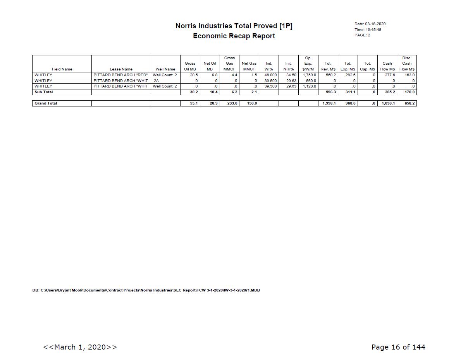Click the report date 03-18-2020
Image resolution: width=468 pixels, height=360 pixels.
tap(375, 24)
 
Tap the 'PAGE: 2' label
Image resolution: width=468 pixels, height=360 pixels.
tap(362, 35)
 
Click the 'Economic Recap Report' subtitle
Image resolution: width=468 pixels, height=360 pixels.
tap(234, 36)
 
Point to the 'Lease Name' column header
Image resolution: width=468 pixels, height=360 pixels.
tap(121, 69)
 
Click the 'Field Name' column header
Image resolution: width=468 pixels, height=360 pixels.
tap(62, 69)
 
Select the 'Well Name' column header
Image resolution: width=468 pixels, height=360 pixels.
tap(165, 69)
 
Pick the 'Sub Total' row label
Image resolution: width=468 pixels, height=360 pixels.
tap(44, 92)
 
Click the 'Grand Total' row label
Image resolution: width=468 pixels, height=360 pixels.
tap(46, 103)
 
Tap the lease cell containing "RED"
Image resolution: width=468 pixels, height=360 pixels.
tap(121, 75)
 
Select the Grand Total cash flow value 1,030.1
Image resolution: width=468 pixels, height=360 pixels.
tap(387, 103)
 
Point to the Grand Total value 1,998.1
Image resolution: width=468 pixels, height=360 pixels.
tap(329, 103)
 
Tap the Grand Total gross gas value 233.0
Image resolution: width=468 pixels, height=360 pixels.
tap(232, 103)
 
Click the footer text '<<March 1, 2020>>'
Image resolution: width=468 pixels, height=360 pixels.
tap(80, 347)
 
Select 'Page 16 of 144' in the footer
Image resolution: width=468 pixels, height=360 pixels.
tap(398, 347)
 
